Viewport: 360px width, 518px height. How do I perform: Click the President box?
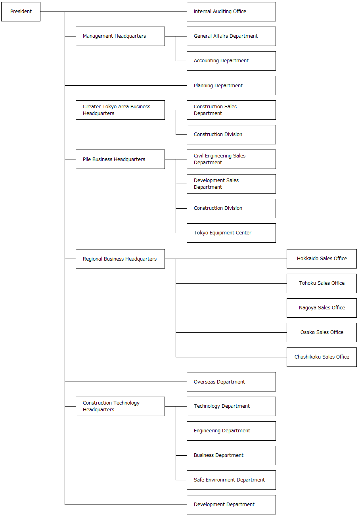[x=21, y=12]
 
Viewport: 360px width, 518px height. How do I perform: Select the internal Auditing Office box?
[x=231, y=12]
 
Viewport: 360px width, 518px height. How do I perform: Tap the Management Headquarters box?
[x=120, y=36]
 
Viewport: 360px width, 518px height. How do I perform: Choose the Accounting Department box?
[x=231, y=61]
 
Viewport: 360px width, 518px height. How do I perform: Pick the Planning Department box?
[x=231, y=86]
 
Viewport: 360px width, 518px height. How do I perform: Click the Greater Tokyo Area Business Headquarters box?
[x=120, y=110]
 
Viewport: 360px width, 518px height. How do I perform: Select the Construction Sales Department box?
[x=231, y=110]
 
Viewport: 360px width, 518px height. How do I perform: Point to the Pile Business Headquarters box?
[x=120, y=159]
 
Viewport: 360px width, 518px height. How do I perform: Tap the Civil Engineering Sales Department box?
[x=231, y=159]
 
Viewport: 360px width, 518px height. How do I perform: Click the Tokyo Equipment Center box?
[x=231, y=233]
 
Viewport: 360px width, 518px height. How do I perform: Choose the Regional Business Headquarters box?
[x=120, y=259]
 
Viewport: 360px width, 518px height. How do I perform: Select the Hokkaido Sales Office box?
[x=322, y=259]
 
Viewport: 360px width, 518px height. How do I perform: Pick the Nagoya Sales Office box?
[x=322, y=308]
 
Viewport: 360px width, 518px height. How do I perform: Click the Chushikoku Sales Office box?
[x=322, y=357]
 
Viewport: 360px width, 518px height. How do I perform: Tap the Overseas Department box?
[x=231, y=382]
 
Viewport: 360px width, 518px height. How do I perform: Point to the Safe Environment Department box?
[x=231, y=480]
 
